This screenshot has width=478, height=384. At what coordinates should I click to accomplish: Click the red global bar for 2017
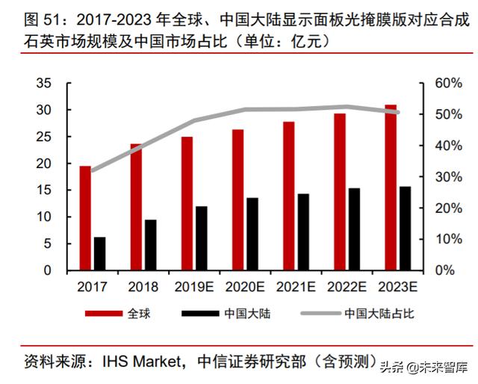pos(85,217)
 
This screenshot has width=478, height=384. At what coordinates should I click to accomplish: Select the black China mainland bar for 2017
pos(99,253)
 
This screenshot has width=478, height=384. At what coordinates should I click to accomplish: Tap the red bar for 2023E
pos(391,187)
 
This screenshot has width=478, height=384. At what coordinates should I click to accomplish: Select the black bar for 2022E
pos(354,229)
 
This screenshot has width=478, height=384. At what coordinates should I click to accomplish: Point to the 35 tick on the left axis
pos(46,83)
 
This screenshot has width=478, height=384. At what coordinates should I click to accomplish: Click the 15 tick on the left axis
pos(46,190)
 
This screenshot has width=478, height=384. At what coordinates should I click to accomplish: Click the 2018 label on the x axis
pos(143,286)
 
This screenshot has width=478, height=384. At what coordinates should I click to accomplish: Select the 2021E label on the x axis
pos(296,286)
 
